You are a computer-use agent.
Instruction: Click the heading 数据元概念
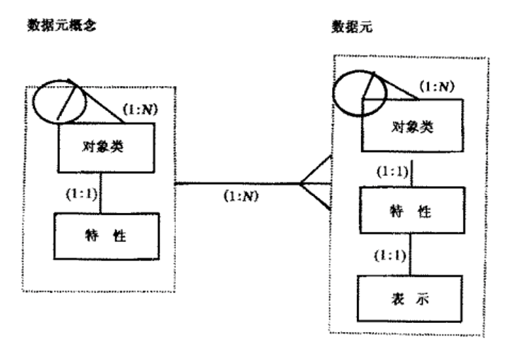(x=61, y=26)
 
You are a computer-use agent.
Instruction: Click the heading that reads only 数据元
(x=350, y=26)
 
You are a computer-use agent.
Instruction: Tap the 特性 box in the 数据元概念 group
(x=106, y=236)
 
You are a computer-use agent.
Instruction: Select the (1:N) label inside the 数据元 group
(x=436, y=86)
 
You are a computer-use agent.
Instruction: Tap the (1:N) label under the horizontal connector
(x=241, y=197)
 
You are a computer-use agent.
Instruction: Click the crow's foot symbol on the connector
(x=315, y=183)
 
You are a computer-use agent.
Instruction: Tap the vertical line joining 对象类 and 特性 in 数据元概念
(x=100, y=193)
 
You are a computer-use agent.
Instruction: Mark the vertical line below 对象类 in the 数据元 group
(x=410, y=173)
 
